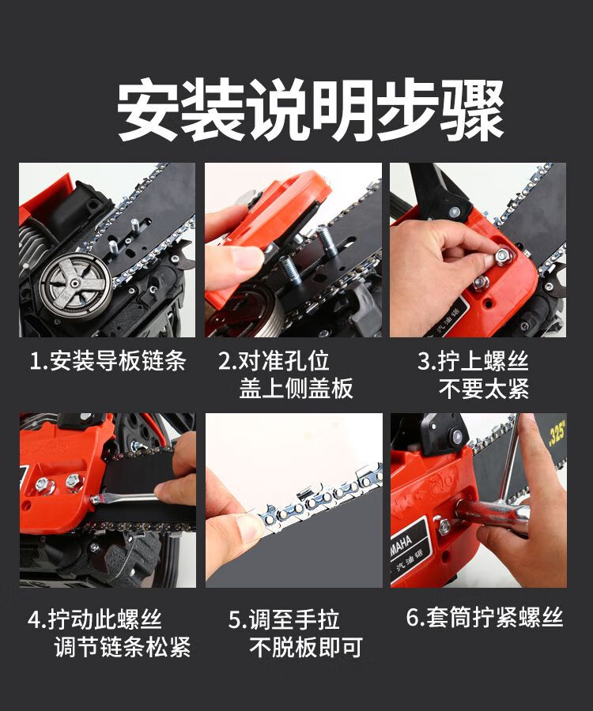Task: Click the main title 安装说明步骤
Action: tap(311, 110)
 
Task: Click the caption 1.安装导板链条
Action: tap(108, 361)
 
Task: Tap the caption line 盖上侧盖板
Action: tap(296, 389)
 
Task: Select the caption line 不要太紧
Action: tap(484, 389)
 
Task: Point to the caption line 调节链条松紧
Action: tap(123, 646)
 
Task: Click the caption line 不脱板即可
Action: tap(306, 647)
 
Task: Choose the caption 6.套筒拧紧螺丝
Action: tap(485, 617)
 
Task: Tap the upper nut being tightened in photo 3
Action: tap(503, 256)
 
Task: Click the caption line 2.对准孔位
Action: tap(274, 361)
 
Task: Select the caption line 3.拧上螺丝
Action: tap(473, 361)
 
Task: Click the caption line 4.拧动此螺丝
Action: tap(94, 619)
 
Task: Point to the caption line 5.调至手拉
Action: tap(284, 619)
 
